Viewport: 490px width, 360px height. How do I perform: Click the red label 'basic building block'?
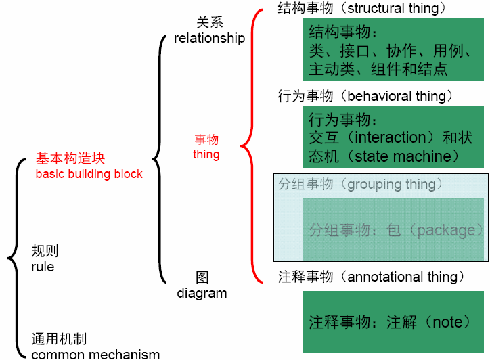pos(89,174)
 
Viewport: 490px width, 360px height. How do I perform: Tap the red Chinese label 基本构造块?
pos(70,159)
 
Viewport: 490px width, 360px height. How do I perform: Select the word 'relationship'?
pos(209,38)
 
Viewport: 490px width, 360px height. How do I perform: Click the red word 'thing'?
pos(206,154)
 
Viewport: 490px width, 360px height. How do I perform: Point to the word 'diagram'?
pos(202,293)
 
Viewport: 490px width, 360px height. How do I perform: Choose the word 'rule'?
pos(43,267)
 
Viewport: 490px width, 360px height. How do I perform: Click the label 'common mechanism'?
pos(95,354)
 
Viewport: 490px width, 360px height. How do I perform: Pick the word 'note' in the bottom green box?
pos(447,322)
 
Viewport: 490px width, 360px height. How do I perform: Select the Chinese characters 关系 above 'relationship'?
pos(209,23)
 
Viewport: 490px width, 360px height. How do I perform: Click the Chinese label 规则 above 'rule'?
pos(45,251)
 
